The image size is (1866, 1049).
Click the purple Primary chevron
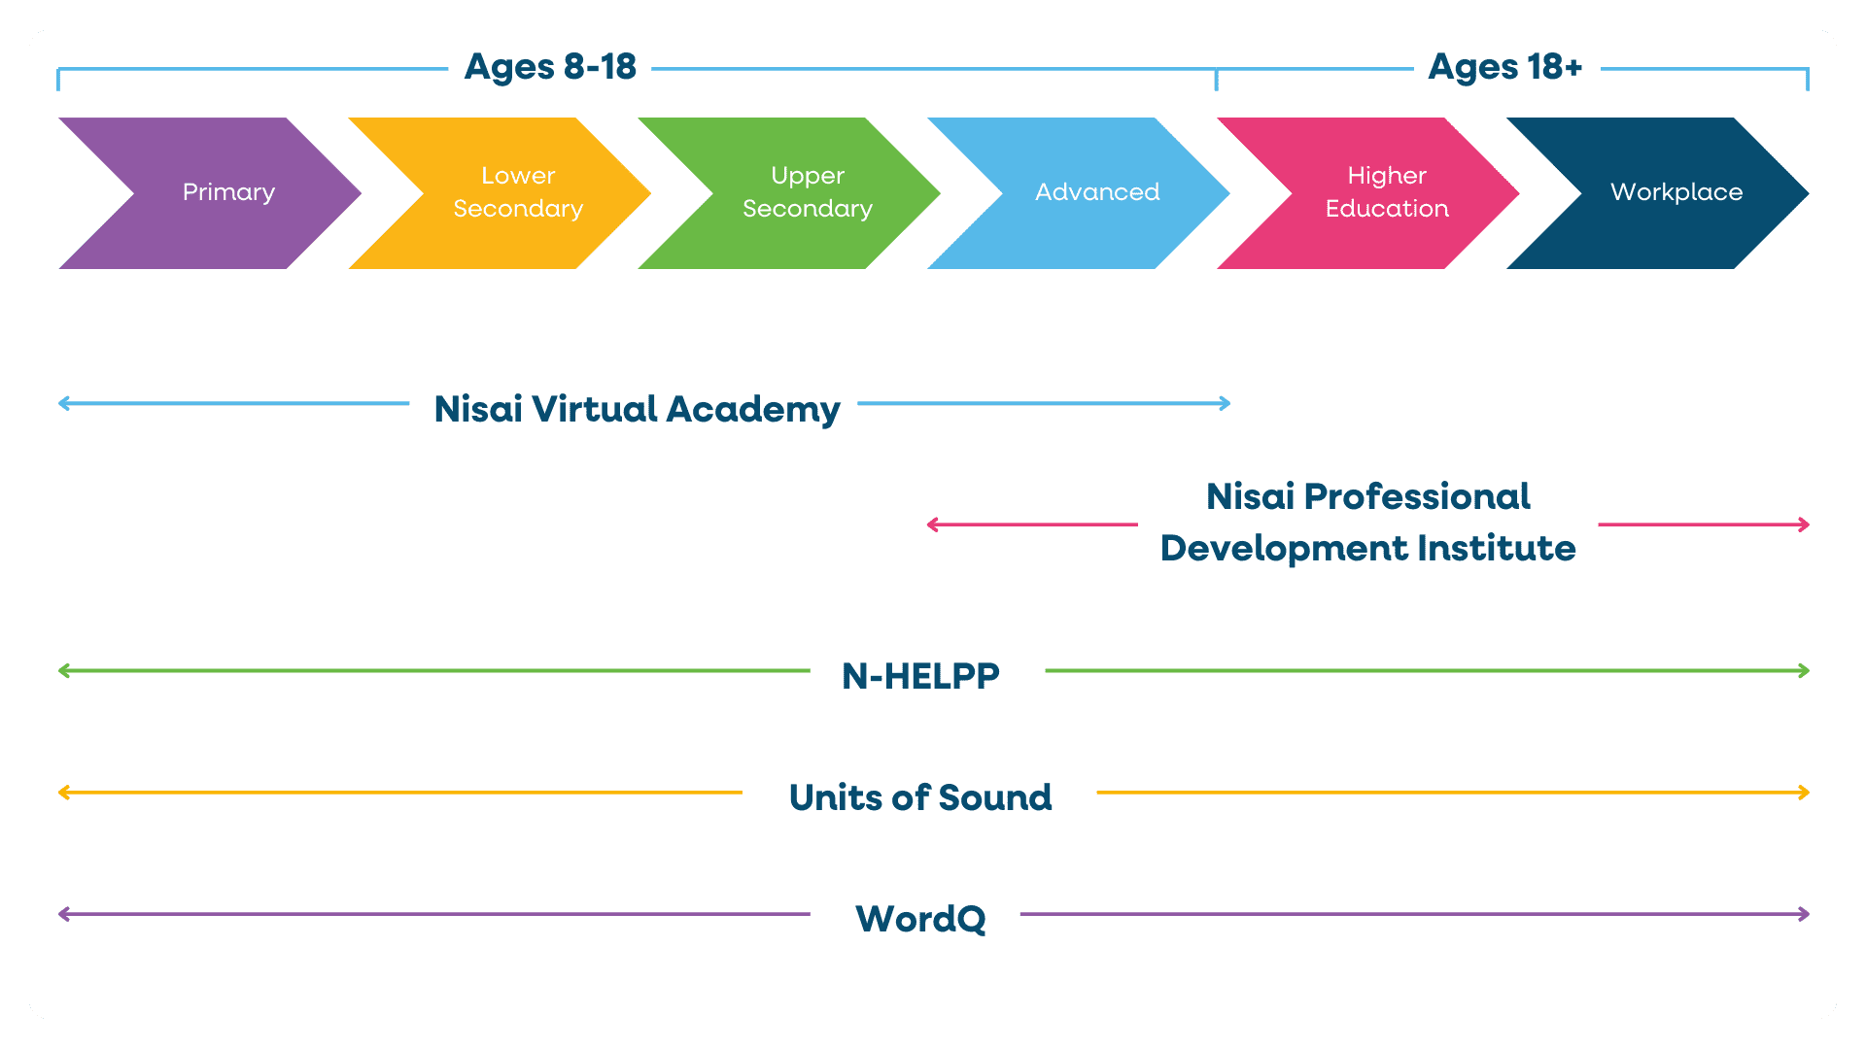pyautogui.click(x=228, y=192)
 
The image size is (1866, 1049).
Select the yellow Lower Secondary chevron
pyautogui.click(x=517, y=192)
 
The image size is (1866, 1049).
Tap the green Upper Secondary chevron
pyautogui.click(x=807, y=192)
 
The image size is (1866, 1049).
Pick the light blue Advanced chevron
pyautogui.click(x=1096, y=192)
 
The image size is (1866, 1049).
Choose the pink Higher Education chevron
pyautogui.click(x=1386, y=192)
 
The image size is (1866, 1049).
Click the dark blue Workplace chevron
pyautogui.click(x=1676, y=192)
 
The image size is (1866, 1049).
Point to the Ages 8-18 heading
pyautogui.click(x=550, y=67)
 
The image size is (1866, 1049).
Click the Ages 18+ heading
pyautogui.click(x=1504, y=67)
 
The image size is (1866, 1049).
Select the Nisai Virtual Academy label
pyautogui.click(x=637, y=409)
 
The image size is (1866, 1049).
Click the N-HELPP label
pyautogui.click(x=920, y=676)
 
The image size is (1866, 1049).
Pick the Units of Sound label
pyautogui.click(x=920, y=797)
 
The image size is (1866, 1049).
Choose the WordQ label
pyautogui.click(x=920, y=919)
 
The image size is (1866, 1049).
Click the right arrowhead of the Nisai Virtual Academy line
pyautogui.click(x=1226, y=403)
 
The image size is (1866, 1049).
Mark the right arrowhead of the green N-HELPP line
pyautogui.click(x=1804, y=671)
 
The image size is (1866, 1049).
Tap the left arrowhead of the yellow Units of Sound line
pyautogui.click(x=64, y=793)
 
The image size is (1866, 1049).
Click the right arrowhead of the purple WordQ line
pyautogui.click(x=1804, y=914)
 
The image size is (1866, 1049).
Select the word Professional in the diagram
pyautogui.click(x=1416, y=497)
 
